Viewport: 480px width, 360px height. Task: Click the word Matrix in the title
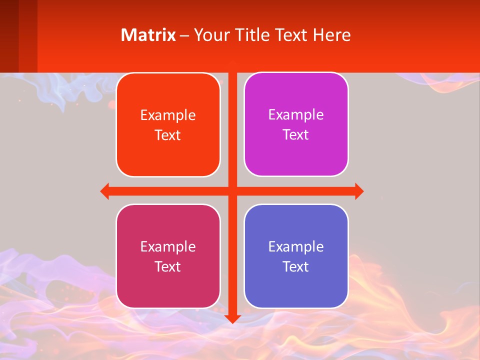[148, 35]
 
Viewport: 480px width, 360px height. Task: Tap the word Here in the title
[331, 35]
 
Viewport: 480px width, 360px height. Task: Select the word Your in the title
[210, 35]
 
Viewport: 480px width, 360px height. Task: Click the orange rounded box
[168, 125]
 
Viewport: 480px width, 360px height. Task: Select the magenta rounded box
[296, 124]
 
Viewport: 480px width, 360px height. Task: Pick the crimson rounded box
[168, 256]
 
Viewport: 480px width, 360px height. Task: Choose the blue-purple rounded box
[296, 256]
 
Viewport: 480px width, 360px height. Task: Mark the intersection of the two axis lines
[232, 191]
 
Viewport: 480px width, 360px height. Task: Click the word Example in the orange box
[168, 115]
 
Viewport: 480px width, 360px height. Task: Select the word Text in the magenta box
[296, 135]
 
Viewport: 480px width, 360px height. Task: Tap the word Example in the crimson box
[168, 246]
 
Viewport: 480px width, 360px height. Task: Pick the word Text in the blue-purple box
[296, 266]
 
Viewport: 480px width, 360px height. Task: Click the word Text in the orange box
[168, 135]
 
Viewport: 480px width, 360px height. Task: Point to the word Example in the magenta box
[296, 115]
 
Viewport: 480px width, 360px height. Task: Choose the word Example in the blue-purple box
[296, 246]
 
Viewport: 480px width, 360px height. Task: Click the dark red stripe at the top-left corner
[9, 35]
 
